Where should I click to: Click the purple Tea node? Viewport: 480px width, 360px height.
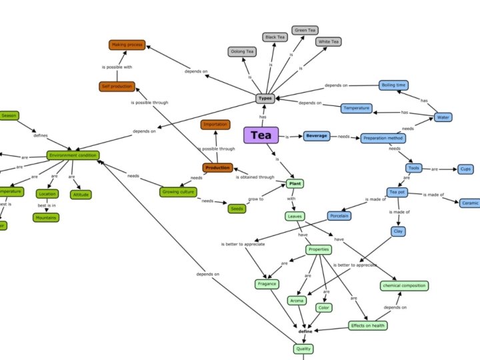261,135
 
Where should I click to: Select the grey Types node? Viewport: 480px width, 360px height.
265,98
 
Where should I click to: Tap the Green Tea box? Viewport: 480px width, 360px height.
305,30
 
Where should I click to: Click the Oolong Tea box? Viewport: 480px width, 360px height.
241,51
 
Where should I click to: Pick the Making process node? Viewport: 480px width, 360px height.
127,45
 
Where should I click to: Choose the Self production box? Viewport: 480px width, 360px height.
117,86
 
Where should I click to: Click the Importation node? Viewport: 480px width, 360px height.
215,125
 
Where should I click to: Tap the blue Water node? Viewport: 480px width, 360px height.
443,117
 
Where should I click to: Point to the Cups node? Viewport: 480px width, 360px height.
465,169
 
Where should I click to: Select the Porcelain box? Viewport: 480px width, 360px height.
339,216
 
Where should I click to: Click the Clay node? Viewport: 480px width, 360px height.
398,231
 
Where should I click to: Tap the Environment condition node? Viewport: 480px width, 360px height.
73,155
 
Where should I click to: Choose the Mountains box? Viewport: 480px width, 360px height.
46,217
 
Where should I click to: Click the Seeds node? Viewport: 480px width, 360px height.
237,209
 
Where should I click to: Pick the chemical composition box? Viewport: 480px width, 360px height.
404,285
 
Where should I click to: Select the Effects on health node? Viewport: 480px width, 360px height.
367,325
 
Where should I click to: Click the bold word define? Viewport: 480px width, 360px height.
305,331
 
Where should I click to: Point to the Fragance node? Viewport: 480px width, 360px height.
267,284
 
